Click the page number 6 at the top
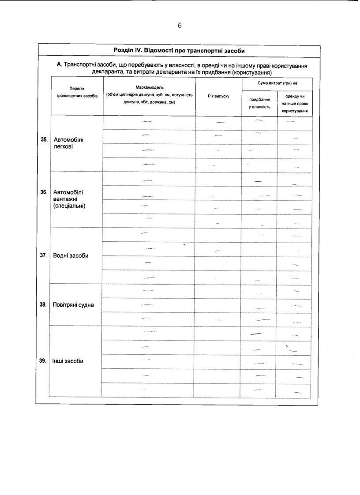tap(180, 26)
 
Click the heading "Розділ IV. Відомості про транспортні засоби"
tap(179, 50)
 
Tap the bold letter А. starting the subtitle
tap(60, 65)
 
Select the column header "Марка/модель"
tap(149, 87)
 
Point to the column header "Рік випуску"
tap(218, 96)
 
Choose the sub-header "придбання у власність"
tap(259, 103)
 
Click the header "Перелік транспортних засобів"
tap(77, 92)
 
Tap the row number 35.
tap(44, 140)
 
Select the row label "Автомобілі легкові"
tap(68, 143)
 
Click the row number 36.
tap(44, 192)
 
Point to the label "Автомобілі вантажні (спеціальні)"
tap(70, 199)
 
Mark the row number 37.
tap(44, 255)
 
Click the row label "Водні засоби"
tap(71, 256)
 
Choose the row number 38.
tap(44, 304)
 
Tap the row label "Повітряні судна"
tap(73, 305)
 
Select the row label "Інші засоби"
tap(68, 361)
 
